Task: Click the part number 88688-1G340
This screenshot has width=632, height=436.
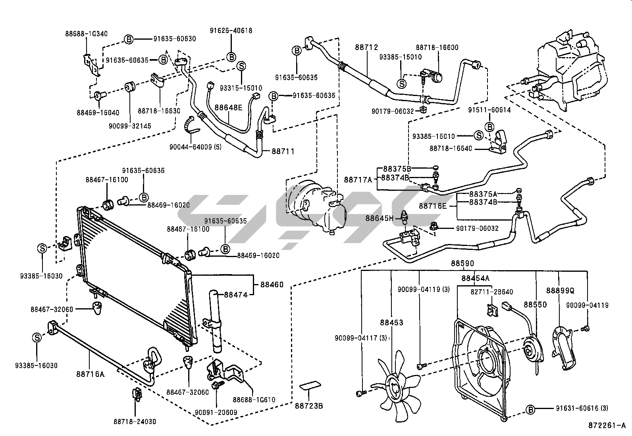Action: point(86,34)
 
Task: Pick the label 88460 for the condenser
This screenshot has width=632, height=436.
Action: point(272,284)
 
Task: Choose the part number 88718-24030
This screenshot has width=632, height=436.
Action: point(135,422)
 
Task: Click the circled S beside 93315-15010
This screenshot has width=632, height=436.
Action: point(241,66)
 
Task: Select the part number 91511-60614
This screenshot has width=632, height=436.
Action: point(489,110)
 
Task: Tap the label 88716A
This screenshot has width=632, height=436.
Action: point(91,373)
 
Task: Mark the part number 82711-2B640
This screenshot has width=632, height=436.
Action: point(497,292)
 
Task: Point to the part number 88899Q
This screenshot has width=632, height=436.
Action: point(560,290)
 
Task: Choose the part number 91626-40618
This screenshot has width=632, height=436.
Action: point(231,31)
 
